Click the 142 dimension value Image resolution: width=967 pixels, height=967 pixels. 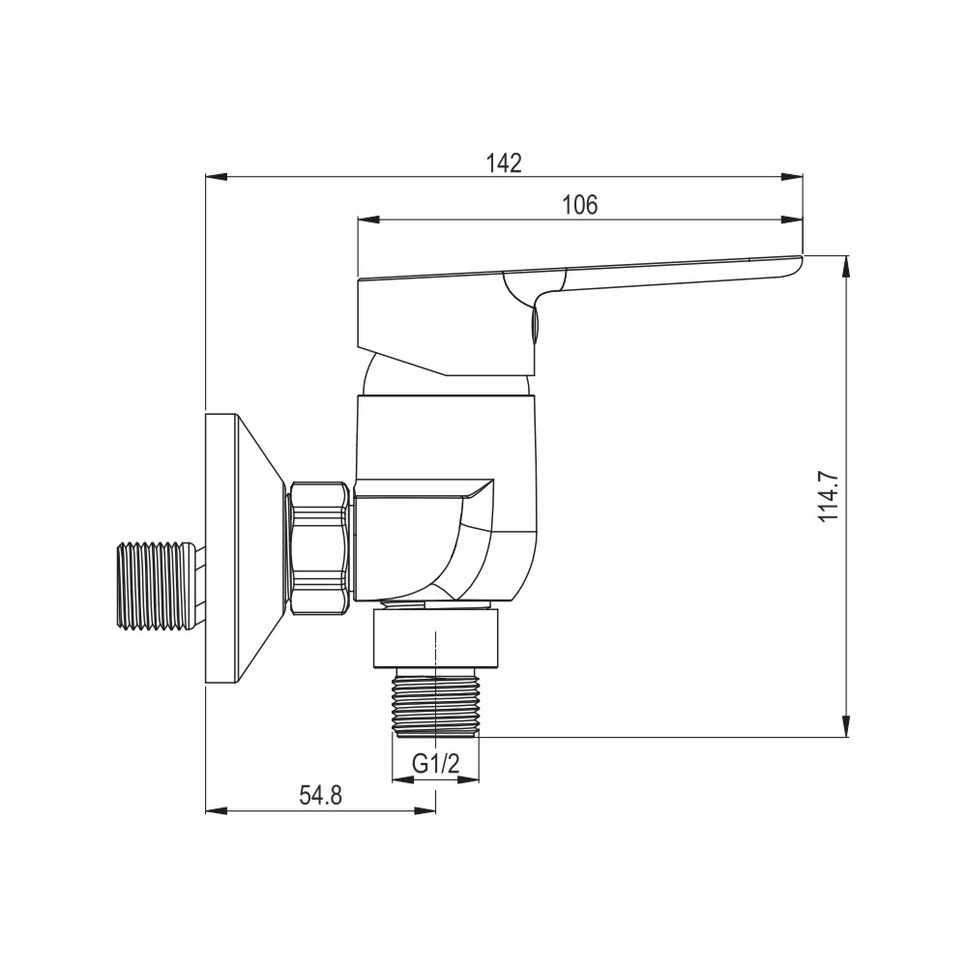point(504,162)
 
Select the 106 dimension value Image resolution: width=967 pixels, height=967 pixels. point(580,204)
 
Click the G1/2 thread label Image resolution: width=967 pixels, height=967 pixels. point(434,764)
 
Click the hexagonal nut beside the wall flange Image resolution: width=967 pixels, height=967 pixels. point(320,547)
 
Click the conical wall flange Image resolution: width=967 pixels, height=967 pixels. point(242,548)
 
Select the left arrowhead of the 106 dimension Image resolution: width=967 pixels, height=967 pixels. point(368,219)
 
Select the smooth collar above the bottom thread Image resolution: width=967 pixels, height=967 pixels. point(437,638)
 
